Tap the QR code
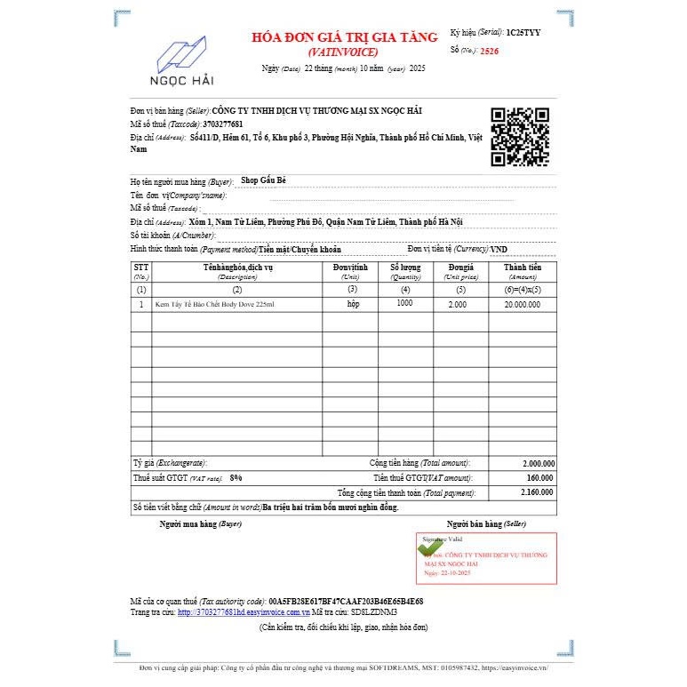coord(520,137)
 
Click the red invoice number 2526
coord(489,52)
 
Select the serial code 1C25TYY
coord(523,32)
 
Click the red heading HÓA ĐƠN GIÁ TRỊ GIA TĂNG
coord(345,37)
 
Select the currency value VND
coord(499,250)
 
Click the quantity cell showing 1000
coord(405,304)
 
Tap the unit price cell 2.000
coord(458,304)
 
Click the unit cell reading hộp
coord(353,304)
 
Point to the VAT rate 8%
coord(236,478)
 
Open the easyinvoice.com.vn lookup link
coord(243,612)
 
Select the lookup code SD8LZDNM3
coord(374,612)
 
